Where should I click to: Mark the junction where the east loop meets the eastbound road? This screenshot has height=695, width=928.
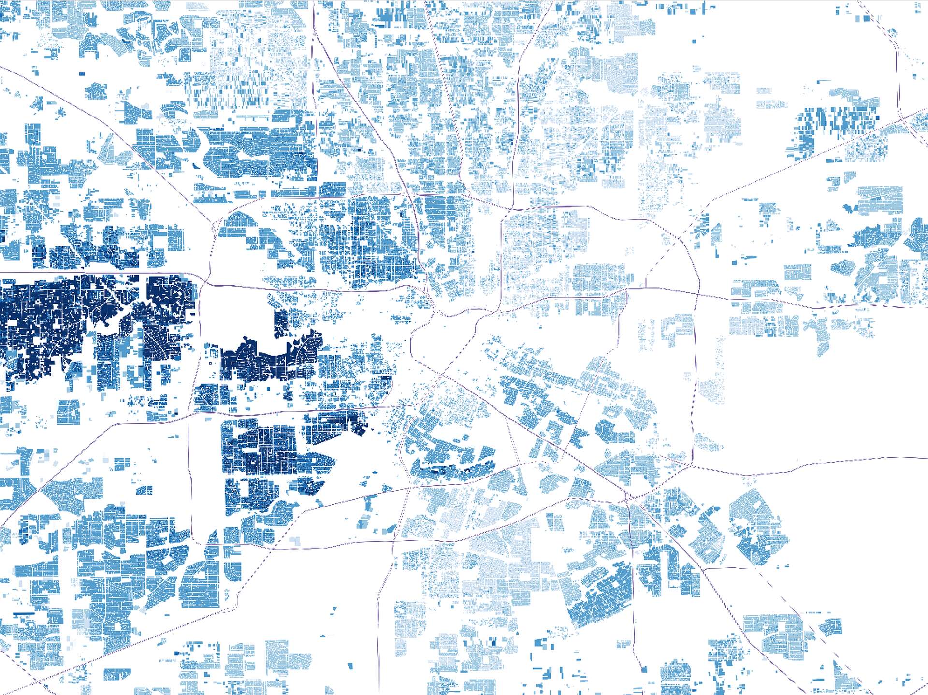[697, 294]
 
